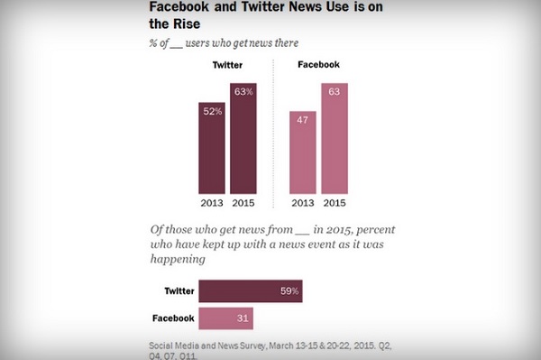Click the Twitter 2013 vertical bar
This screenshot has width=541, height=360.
pos(212,148)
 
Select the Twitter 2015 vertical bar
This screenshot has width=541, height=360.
pos(243,138)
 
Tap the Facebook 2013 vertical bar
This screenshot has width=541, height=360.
pos(303,152)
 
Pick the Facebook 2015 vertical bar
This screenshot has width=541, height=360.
pos(335,138)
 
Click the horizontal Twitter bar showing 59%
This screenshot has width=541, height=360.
pos(251,291)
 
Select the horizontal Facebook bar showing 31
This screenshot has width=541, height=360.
pos(226,318)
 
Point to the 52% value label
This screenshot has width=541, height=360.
pos(213,111)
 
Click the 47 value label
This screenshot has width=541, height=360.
pos(303,120)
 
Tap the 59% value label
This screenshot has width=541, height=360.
pos(289,291)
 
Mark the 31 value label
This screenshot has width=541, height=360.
pos(243,318)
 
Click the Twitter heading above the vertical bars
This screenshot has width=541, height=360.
pos(227,65)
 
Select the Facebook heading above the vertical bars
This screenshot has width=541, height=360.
pos(319,65)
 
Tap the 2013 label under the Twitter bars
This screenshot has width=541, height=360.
pos(212,203)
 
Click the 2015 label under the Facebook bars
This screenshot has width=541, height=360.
pos(335,203)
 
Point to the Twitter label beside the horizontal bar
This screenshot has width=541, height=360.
pos(179,291)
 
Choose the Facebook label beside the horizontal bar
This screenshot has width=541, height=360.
pos(173,318)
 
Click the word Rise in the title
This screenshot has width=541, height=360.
pos(187,23)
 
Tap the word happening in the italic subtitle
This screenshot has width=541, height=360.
pos(178,259)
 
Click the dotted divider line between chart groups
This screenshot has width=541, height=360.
pos(273,134)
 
